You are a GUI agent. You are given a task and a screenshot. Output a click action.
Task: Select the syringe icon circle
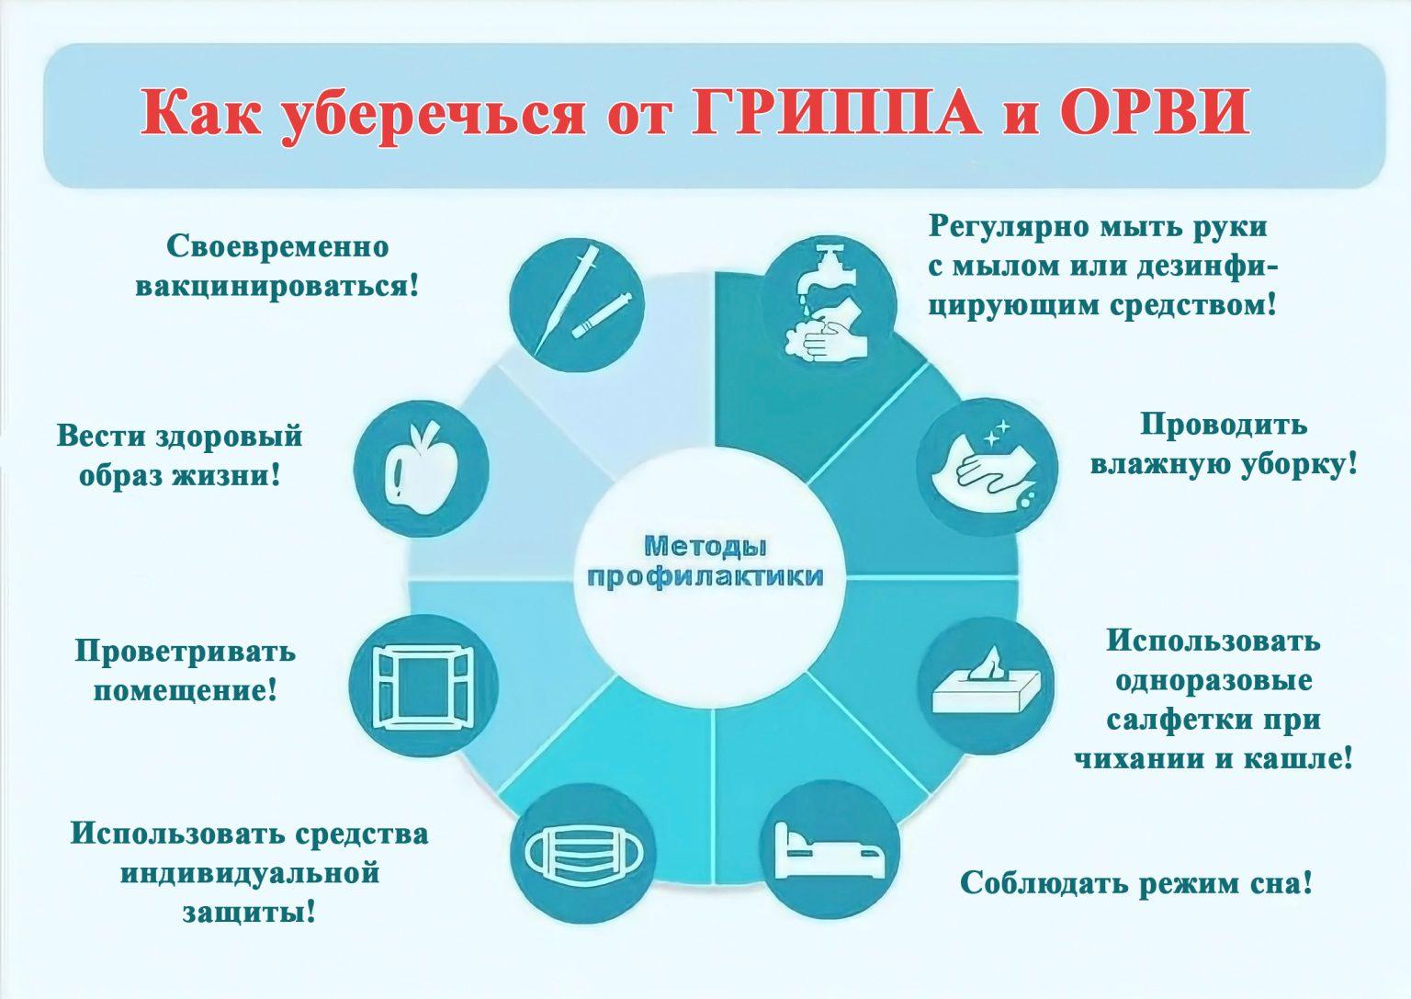577,305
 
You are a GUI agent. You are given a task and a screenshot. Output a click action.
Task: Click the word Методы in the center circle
705,547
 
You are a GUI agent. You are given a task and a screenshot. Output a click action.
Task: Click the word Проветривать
186,651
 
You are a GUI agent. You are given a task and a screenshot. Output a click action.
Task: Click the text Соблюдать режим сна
1135,882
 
